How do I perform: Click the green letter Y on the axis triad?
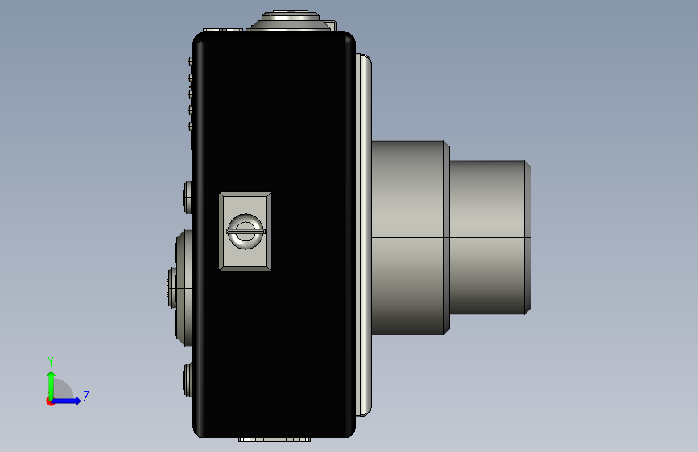click(x=51, y=362)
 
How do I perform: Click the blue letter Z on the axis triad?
click(x=86, y=396)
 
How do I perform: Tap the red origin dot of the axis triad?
click(x=50, y=401)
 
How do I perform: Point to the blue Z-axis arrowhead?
click(x=77, y=401)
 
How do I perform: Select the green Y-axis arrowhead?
click(x=52, y=376)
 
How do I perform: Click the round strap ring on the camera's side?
click(x=246, y=232)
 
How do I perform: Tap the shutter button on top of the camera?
click(x=291, y=16)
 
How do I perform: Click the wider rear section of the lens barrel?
click(x=407, y=237)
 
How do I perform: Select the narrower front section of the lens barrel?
click(x=487, y=237)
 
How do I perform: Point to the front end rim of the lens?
click(x=528, y=237)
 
